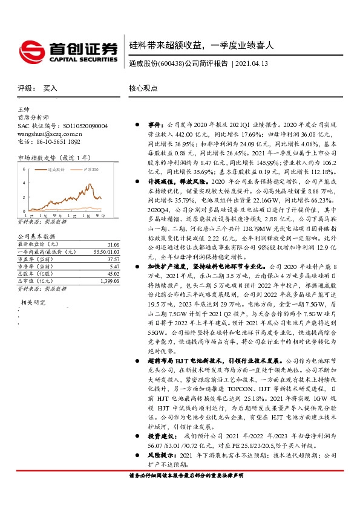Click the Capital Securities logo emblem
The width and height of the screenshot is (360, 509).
(x=29, y=49)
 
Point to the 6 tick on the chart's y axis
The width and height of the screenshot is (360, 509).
(x=24, y=169)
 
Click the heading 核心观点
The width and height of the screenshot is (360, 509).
(x=142, y=88)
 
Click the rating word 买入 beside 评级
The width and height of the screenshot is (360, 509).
(x=50, y=88)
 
